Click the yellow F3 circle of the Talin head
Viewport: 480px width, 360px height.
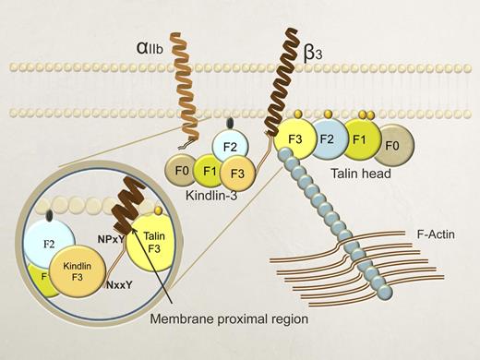point(294,139)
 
